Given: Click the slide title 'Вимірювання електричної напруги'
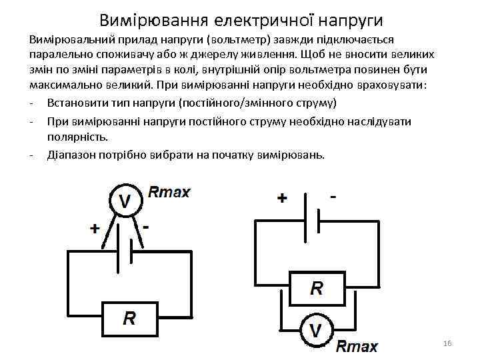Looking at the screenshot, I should [241, 18].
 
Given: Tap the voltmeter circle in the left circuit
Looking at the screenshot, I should [125, 200].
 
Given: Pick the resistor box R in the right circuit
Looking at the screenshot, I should [317, 288].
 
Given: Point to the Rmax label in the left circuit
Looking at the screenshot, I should [169, 193].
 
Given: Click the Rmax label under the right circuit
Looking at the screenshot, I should [357, 347].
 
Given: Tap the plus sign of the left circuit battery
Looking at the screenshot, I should [95, 229].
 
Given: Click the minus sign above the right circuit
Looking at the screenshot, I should [333, 198].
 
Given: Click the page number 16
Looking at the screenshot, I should [447, 343].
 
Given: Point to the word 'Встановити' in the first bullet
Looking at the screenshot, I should [77, 103].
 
